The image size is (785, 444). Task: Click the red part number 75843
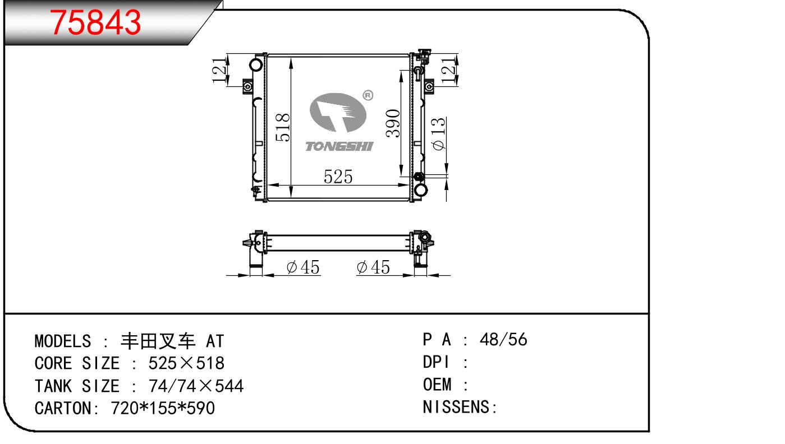point(95,22)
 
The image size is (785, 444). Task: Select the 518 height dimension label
point(283,127)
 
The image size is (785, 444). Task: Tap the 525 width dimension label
point(338,177)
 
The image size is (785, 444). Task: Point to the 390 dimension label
point(393,123)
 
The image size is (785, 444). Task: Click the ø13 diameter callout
point(438,134)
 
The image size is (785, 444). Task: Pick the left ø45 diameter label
point(303,267)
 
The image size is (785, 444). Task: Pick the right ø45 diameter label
point(373,267)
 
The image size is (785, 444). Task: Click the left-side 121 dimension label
point(219,71)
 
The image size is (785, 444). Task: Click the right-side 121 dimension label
point(448,71)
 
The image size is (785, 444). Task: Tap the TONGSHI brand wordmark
point(339,146)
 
